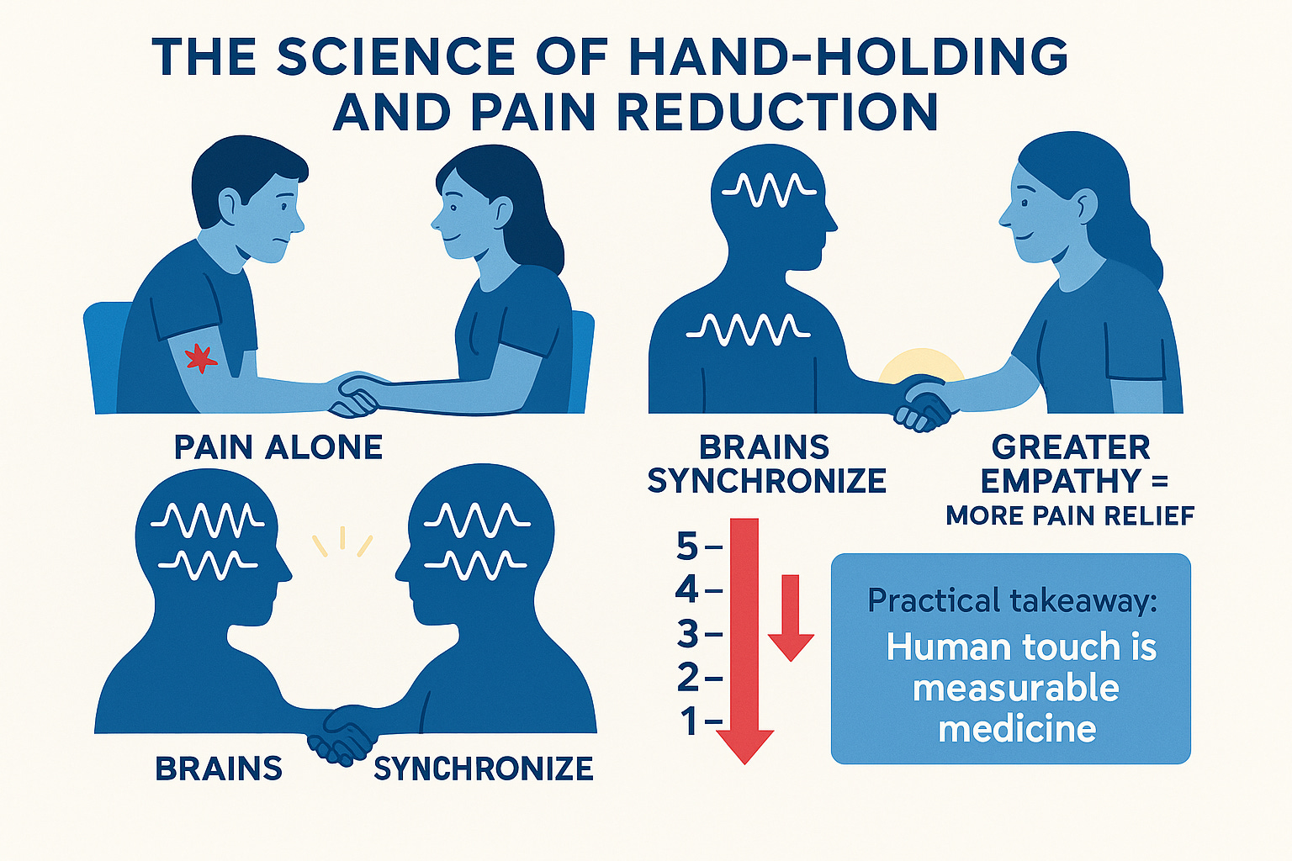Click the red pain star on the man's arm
coord(200,358)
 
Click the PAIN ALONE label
coord(278,447)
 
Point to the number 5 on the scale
coord(687,548)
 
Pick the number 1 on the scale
coord(690,721)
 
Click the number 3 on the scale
coord(688,634)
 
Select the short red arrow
coord(791,618)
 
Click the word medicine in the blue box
coord(1017,729)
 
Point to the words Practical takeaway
coord(1012,600)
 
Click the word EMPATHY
coord(1060,482)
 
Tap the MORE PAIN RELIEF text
coord(1070,515)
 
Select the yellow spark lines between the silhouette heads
coord(342,541)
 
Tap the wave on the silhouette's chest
coord(749,330)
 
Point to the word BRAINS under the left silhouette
coord(219,769)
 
